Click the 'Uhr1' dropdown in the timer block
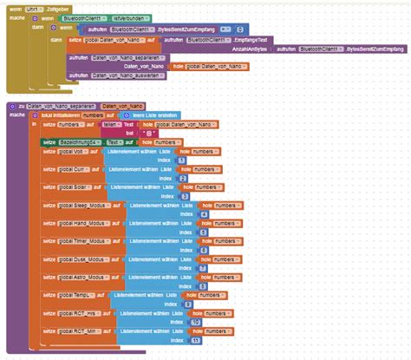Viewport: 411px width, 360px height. tap(32, 7)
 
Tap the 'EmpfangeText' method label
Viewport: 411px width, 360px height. tap(252, 40)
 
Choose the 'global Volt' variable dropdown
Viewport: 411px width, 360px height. tap(73, 151)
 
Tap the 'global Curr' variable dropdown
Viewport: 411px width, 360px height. tap(73, 169)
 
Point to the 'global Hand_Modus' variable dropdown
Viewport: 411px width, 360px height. tap(83, 224)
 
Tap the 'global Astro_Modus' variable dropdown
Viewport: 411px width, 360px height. tap(83, 278)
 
